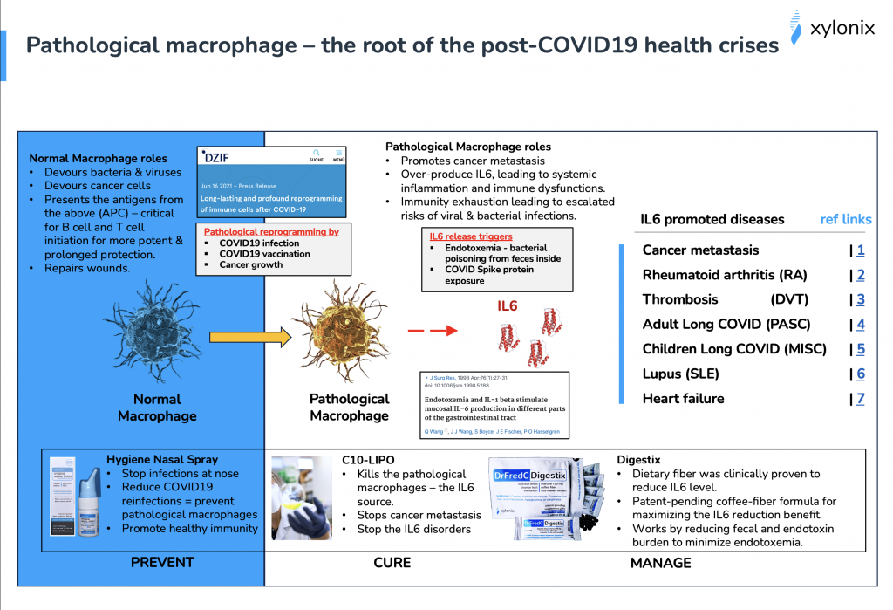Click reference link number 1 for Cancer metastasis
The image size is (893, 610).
(x=860, y=250)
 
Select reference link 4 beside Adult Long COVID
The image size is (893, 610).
(x=860, y=325)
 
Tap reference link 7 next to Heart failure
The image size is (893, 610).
(x=860, y=399)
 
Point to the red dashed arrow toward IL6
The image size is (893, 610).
(x=433, y=331)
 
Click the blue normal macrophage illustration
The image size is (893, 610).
(x=158, y=335)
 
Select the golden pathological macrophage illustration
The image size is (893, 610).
(x=349, y=335)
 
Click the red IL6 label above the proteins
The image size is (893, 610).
(x=508, y=306)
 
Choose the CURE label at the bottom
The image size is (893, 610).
(x=392, y=563)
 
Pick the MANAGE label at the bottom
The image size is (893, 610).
(x=660, y=563)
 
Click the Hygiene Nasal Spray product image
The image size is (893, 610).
(x=72, y=500)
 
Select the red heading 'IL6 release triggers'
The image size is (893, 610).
(x=471, y=236)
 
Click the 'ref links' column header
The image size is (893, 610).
(x=845, y=219)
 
